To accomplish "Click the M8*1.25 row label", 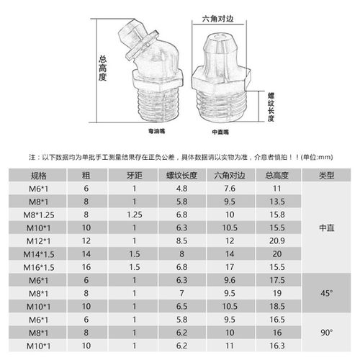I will coord(37,214).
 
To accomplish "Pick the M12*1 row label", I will coord(37,239).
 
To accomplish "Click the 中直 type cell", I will coord(325,226).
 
